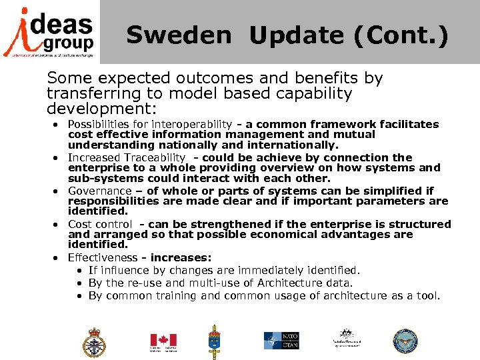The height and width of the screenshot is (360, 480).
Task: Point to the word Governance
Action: coord(100,191)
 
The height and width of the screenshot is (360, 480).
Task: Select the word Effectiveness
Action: coord(100,258)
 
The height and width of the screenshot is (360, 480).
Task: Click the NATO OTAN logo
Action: coord(281,341)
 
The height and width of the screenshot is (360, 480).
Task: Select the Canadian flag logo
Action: coord(163,341)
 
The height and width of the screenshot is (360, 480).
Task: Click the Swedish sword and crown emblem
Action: coord(215,341)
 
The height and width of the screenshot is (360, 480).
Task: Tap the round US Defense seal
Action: coord(405,341)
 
